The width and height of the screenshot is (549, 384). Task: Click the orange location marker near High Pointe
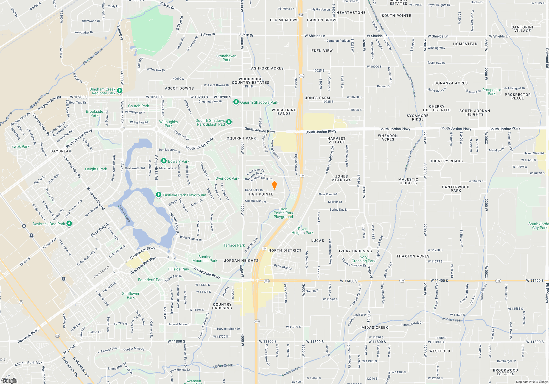pyautogui.click(x=274, y=185)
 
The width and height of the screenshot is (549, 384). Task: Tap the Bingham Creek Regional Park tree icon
pyautogui.click(x=119, y=91)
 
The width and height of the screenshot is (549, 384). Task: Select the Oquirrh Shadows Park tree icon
pyautogui.click(x=236, y=102)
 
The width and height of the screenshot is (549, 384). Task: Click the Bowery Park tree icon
pyautogui.click(x=164, y=161)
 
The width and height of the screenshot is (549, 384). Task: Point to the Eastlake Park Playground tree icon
pyautogui.click(x=158, y=195)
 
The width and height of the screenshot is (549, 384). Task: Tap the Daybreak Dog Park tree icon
pyautogui.click(x=69, y=224)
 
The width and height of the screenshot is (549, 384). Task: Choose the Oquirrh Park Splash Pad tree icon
pyautogui.click(x=229, y=122)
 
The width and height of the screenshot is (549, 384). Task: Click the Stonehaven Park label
pyautogui.click(x=226, y=58)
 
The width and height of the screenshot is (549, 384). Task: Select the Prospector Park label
pyautogui.click(x=492, y=92)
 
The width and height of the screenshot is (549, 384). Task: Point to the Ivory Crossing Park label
pyautogui.click(x=363, y=259)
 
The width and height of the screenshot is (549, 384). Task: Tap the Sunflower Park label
pyautogui.click(x=131, y=295)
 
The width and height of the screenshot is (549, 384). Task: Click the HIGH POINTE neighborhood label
pyautogui.click(x=260, y=194)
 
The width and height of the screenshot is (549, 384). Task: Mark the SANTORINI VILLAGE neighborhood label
pyautogui.click(x=522, y=29)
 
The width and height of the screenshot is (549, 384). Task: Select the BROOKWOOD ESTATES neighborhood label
pyautogui.click(x=505, y=372)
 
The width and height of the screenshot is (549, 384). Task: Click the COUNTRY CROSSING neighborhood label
pyautogui.click(x=222, y=306)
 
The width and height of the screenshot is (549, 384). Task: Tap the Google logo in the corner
pyautogui.click(x=9, y=380)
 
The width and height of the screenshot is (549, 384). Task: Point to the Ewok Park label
pyautogui.click(x=20, y=146)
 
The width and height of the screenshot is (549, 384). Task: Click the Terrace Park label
pyautogui.click(x=234, y=245)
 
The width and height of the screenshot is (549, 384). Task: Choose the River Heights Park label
pyautogui.click(x=302, y=231)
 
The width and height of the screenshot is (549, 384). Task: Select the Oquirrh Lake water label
pyautogui.click(x=124, y=213)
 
